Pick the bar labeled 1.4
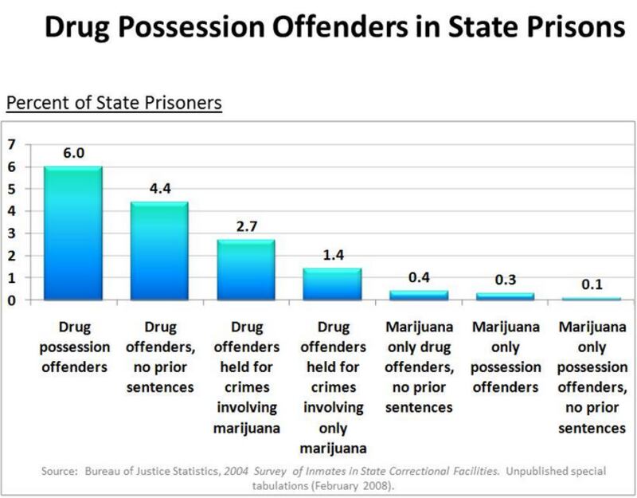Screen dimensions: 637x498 [x=332, y=284]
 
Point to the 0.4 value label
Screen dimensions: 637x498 [x=419, y=278]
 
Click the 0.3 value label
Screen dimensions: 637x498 [x=505, y=280]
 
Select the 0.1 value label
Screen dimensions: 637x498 [x=592, y=284]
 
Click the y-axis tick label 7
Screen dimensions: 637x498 [x=12, y=144]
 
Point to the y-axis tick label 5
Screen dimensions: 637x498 [x=12, y=189]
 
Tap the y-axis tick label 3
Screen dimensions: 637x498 [x=12, y=233]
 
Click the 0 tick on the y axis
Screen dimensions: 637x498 [x=12, y=300]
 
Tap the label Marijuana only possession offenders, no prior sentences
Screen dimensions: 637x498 [x=592, y=377]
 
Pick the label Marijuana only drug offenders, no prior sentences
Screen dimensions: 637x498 [x=419, y=367]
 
